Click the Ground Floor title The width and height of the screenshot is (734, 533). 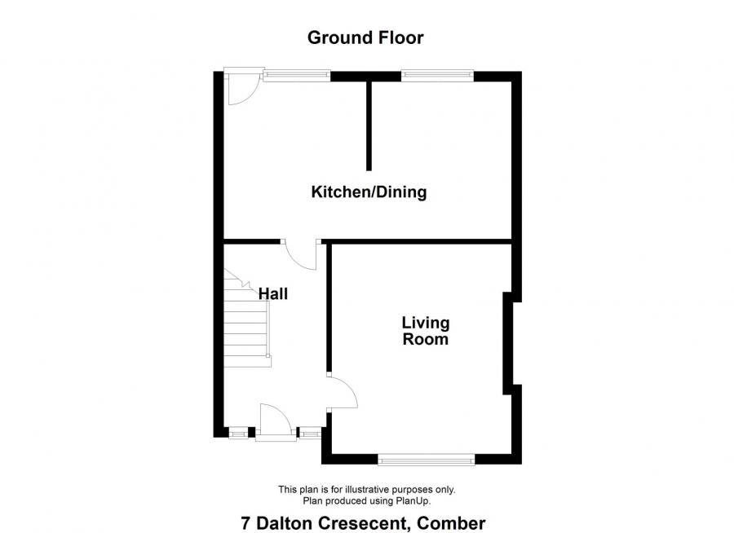tap(365, 37)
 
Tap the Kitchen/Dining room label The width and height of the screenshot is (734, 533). tap(369, 192)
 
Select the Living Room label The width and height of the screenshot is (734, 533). tap(425, 331)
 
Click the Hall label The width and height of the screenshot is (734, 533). tap(273, 293)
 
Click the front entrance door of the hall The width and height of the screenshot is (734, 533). tap(276, 424)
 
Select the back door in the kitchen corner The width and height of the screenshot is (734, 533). tap(242, 88)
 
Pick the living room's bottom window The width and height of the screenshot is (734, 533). tap(427, 460)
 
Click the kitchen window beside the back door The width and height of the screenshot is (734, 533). tap(296, 76)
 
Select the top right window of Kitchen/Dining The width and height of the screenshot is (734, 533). tap(437, 76)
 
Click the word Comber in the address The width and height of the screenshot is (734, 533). tap(453, 522)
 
